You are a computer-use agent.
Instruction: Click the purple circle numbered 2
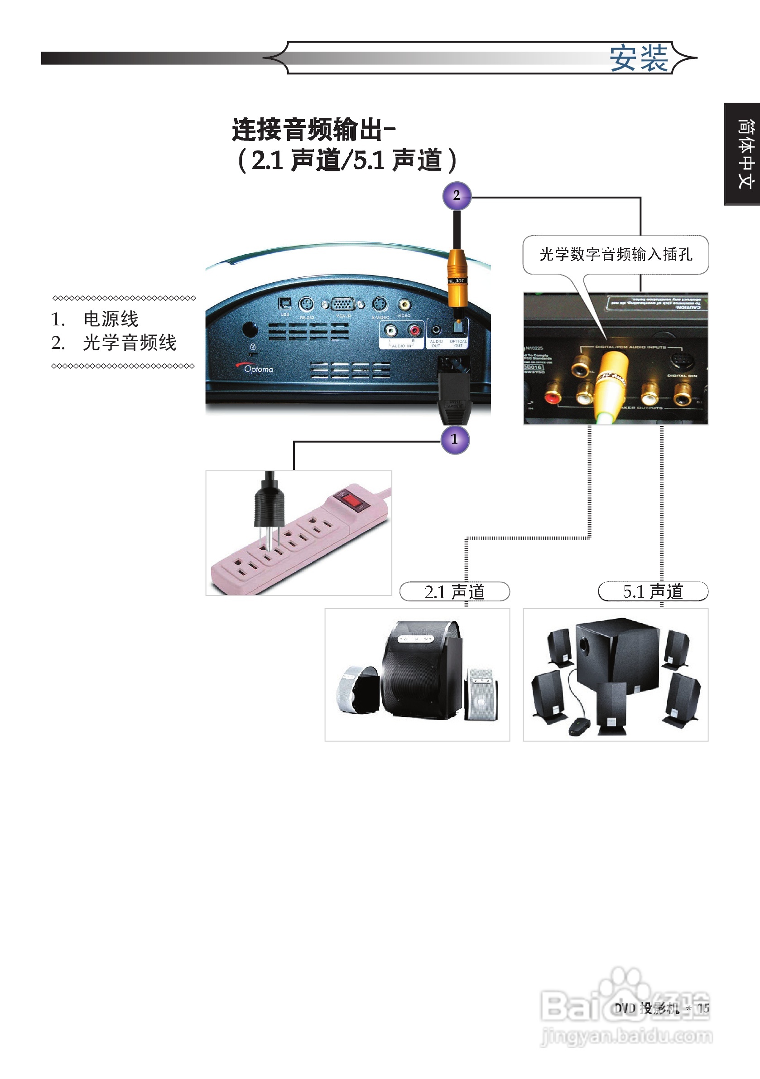[457, 195]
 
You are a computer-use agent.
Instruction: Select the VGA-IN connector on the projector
[343, 305]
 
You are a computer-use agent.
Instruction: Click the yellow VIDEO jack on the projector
[404, 305]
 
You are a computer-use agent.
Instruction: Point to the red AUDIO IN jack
[414, 331]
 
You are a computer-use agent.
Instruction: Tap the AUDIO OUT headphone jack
[436, 330]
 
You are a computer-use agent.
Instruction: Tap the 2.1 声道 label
[454, 592]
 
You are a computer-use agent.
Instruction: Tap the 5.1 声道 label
[653, 592]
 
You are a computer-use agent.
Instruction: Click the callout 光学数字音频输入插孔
[616, 254]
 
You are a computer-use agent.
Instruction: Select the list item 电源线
[111, 319]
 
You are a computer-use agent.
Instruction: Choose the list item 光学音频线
[129, 343]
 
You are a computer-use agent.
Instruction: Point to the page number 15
[703, 1008]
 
